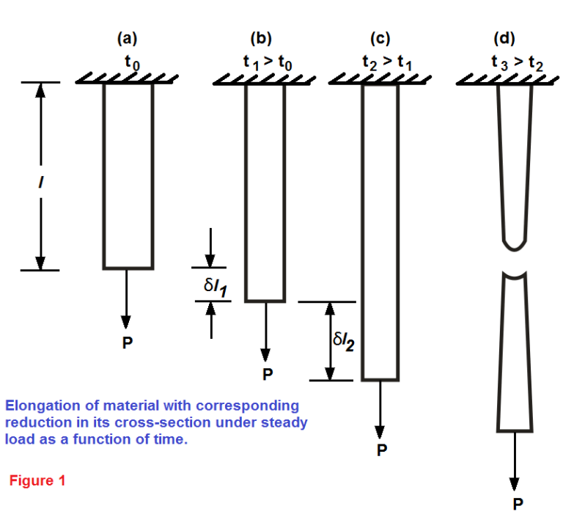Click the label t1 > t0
[x=268, y=63]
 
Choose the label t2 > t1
[x=387, y=63]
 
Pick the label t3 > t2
[x=518, y=63]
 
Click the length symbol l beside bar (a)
[x=41, y=176]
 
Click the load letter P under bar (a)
[x=127, y=342]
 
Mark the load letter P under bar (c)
[x=381, y=450]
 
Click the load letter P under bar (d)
[x=518, y=504]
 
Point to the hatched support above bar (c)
[x=379, y=78]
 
